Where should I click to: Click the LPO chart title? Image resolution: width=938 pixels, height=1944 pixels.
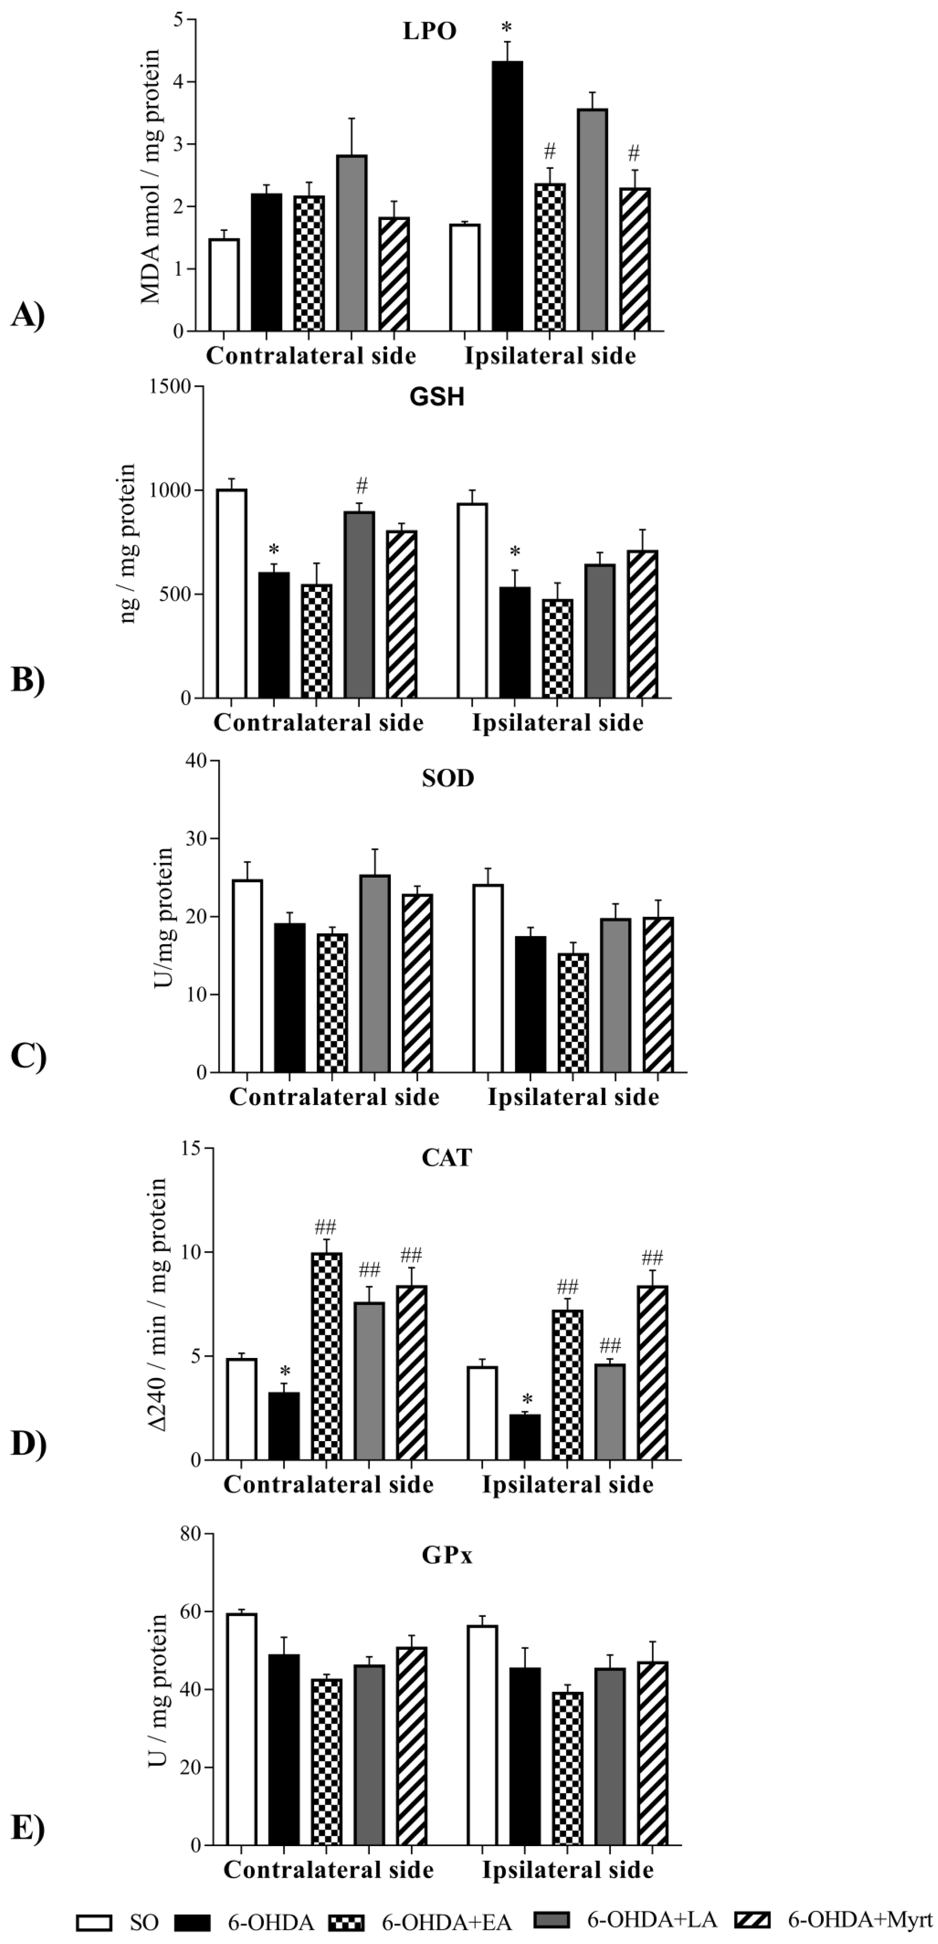(429, 31)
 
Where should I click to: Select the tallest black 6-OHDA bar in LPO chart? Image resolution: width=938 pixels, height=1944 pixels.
(507, 196)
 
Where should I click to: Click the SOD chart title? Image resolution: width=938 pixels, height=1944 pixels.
(447, 778)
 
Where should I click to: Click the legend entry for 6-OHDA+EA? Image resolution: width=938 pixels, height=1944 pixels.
(420, 1921)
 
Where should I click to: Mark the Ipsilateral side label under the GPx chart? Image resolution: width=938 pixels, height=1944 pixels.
(567, 1869)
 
